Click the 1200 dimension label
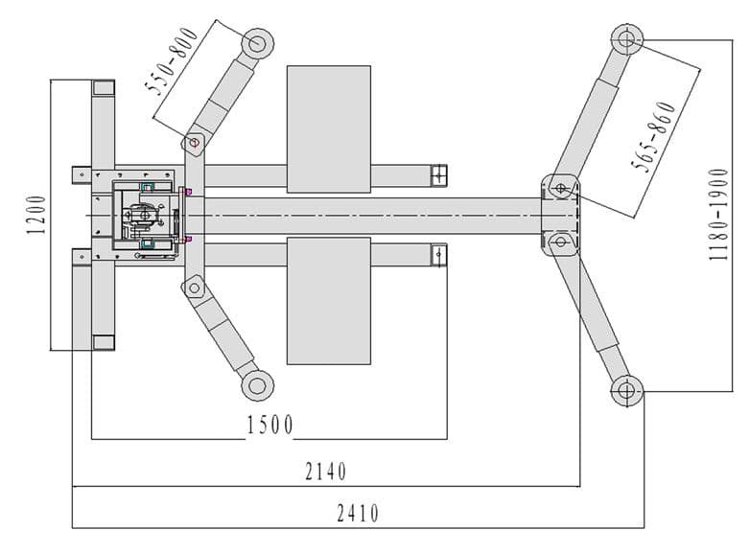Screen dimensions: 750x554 coord(36,215)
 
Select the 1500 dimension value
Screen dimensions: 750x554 coord(270,425)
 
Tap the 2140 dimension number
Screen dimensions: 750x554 coord(326,472)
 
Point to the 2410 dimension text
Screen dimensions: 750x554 coord(358,514)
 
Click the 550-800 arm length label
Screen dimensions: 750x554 coord(172,61)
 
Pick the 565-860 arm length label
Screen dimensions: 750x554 coord(654,137)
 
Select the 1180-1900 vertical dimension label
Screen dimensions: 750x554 coord(718,215)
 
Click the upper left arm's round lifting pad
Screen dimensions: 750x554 coord(257,43)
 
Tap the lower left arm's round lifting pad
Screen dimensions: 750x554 coord(257,385)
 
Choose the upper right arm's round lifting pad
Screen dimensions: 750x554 coord(626,39)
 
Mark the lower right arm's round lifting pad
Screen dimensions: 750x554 coord(626,391)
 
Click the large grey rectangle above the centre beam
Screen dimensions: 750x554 coord(329,129)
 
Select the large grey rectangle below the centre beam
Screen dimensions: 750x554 coord(329,301)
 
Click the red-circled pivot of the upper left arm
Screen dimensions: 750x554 coord(194,142)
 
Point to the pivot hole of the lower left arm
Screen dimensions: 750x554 coord(194,288)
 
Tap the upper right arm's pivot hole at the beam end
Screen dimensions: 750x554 coord(560,188)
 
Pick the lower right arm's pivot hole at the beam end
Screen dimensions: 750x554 coord(560,242)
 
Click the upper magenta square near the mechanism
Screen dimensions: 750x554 coord(188,192)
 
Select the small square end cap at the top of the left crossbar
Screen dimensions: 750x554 coord(104,88)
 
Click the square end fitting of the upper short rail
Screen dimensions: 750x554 coord(438,175)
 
